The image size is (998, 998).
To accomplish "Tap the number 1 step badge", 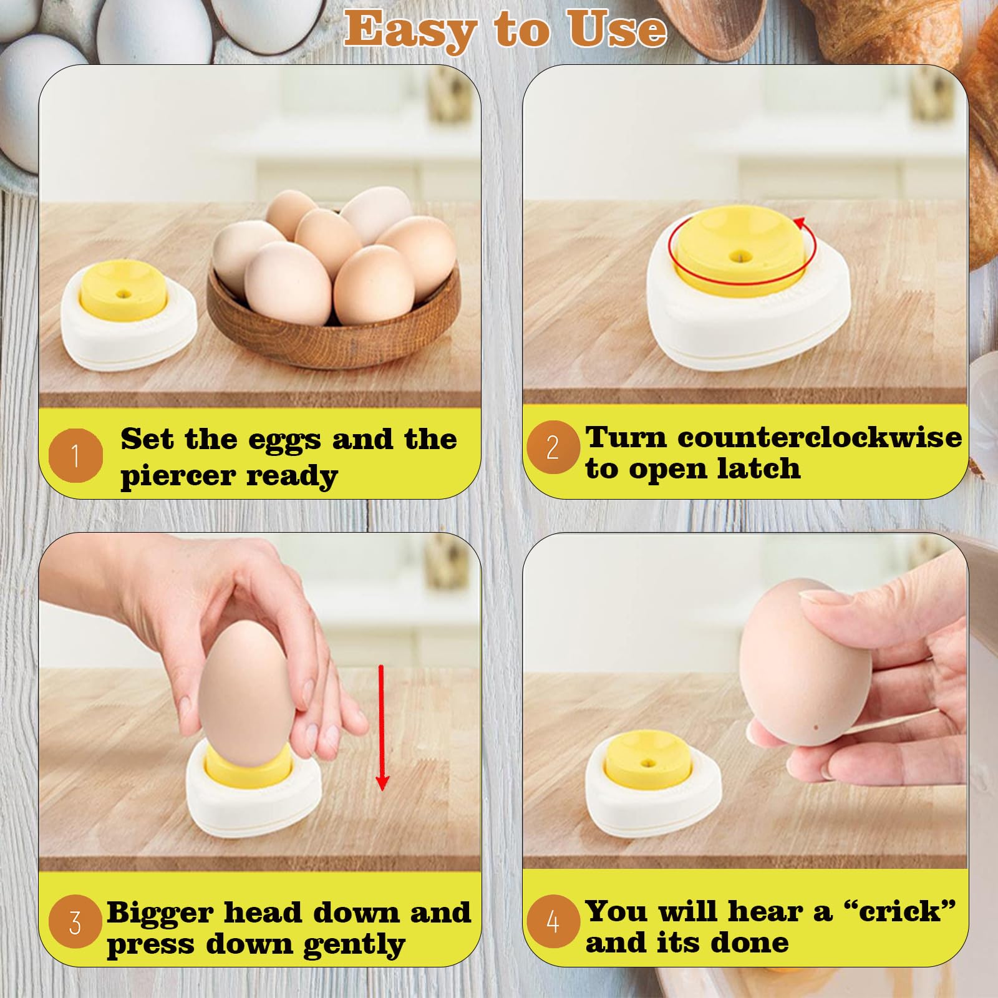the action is (x=75, y=455).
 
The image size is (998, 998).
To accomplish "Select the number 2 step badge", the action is (x=553, y=447).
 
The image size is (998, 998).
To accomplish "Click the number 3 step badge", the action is (x=75, y=922).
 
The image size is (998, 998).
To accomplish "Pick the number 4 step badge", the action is (x=553, y=921).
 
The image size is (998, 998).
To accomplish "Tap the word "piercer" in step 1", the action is (x=178, y=477).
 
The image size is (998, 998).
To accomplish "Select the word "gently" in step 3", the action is (x=354, y=946).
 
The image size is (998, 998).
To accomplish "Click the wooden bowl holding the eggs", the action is (x=334, y=312).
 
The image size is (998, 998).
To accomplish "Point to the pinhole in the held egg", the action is (x=816, y=728).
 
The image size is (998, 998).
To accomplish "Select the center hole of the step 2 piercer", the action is (x=741, y=256).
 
